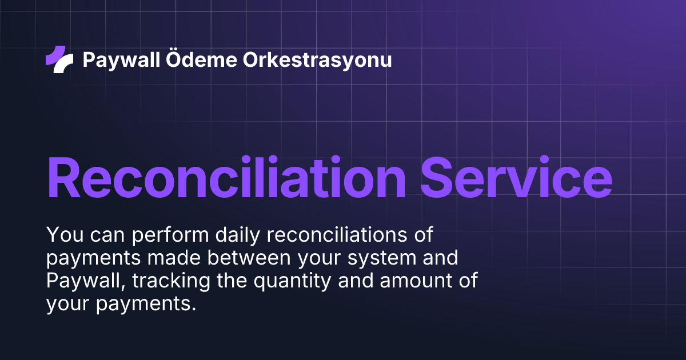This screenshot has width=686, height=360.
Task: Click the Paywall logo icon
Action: coord(59,59)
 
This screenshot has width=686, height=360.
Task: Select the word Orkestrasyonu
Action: coord(318,59)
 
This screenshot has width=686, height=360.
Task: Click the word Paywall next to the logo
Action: coord(121,59)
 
